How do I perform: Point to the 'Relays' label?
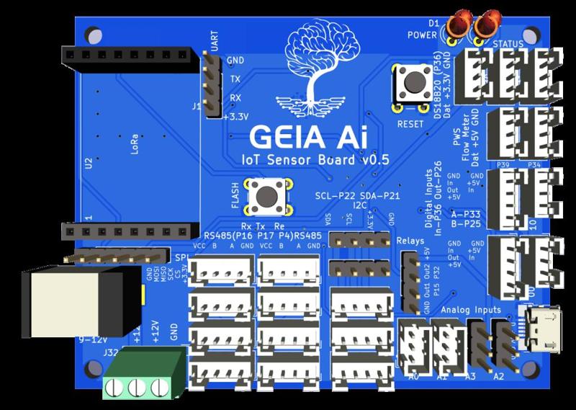pos(410,241)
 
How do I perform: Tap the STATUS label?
pos(508,45)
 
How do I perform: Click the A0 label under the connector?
pos(413,376)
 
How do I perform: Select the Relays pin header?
pos(411,282)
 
